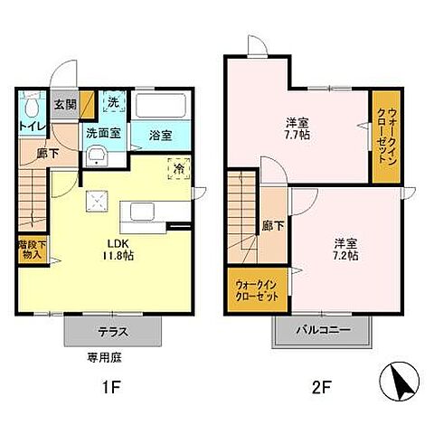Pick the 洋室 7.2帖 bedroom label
pyautogui.click(x=346, y=250)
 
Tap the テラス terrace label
pyautogui.click(x=114, y=332)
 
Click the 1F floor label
pyautogui.click(x=111, y=390)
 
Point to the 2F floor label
pyautogui.click(x=323, y=390)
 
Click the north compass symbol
pyautogui.click(x=401, y=382)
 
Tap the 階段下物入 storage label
pyautogui.click(x=32, y=249)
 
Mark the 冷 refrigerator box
pyautogui.click(x=179, y=169)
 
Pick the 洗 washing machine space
pyautogui.click(x=113, y=102)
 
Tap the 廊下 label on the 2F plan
pyautogui.click(x=269, y=226)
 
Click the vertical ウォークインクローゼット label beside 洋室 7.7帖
pyautogui.click(x=383, y=138)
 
